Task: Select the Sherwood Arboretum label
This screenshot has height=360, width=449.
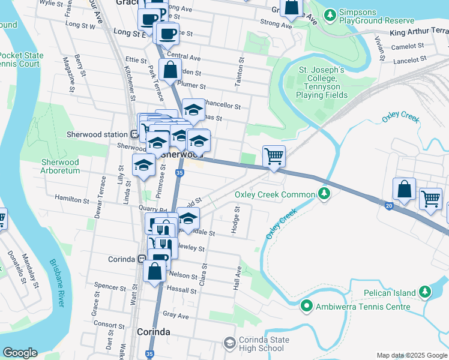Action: click(60, 166)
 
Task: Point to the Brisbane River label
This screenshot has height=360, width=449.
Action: click(56, 283)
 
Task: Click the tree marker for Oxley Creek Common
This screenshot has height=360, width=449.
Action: click(324, 194)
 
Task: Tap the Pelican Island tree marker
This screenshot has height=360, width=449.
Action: click(425, 292)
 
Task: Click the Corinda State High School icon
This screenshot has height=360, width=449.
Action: click(229, 343)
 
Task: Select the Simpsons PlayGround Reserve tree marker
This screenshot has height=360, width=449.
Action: click(330, 16)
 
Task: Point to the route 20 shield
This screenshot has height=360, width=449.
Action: click(389, 206)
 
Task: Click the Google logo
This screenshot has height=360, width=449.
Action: click(20, 353)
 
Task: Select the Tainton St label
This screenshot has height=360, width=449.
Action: click(241, 72)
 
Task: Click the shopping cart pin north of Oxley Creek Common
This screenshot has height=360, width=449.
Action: click(274, 156)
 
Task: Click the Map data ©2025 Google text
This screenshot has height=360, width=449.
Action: click(411, 355)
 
